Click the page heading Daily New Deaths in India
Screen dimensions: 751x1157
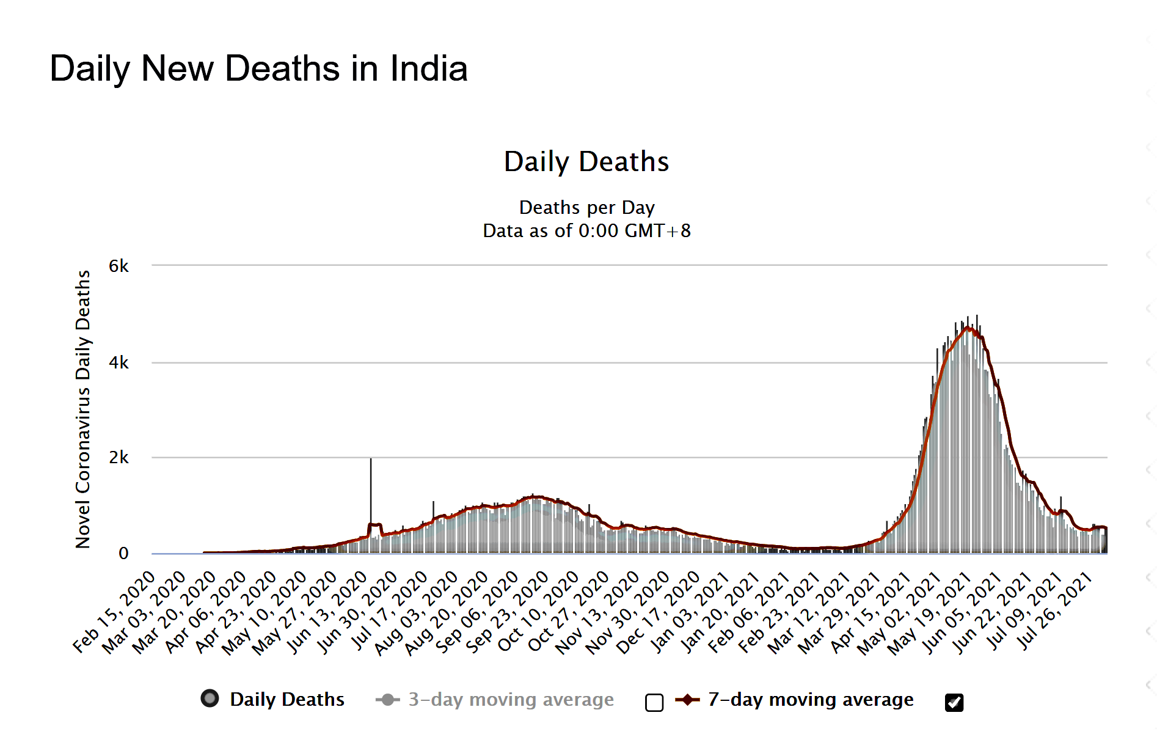(258, 68)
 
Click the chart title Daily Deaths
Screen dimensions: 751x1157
(586, 162)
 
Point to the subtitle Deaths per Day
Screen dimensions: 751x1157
(586, 208)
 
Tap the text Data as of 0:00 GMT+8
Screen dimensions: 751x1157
(586, 231)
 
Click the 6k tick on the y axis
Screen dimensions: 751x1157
(119, 266)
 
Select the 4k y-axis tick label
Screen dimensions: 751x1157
(119, 363)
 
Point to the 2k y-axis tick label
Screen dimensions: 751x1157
(119, 458)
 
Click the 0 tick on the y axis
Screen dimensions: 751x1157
(123, 554)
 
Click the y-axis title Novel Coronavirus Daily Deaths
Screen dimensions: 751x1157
(83, 409)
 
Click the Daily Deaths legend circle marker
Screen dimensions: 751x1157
(210, 698)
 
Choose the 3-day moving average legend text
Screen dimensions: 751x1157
(511, 699)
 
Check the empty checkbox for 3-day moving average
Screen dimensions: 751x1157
(654, 703)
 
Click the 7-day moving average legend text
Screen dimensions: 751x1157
(811, 699)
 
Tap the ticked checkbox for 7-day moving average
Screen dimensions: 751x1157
(954, 703)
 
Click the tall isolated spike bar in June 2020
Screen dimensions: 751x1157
(371, 489)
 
